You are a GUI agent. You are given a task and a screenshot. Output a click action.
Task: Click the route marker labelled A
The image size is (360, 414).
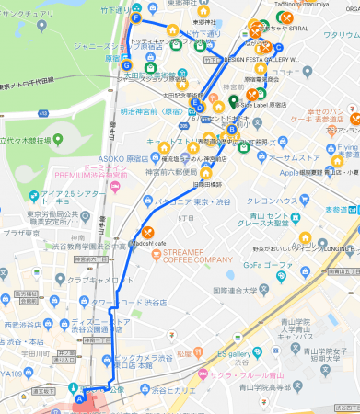[x=79, y=398]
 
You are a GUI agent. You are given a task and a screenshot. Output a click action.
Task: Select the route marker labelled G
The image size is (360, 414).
[x=127, y=64]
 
